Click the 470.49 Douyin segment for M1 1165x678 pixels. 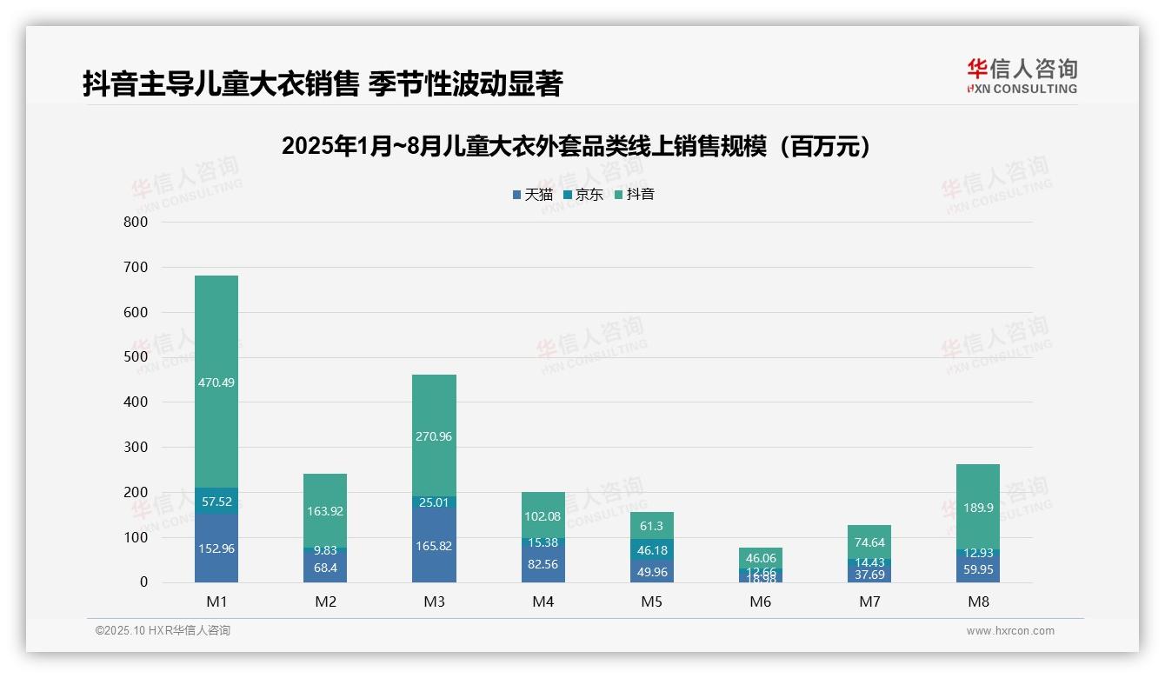216,382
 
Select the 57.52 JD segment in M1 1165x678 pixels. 216,502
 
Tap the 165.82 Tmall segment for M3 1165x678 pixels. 434,546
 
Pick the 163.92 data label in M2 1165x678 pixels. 325,511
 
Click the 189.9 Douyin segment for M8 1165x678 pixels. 978,508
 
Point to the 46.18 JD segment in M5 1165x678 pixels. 651,550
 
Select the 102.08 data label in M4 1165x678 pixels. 543,516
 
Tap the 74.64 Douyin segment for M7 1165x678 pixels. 869,542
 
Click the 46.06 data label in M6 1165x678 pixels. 761,558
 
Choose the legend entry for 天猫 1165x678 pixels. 532,195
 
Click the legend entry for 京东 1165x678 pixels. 583,195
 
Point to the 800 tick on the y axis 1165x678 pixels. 136,222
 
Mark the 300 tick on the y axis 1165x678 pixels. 136,447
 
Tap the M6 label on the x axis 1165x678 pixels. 761,602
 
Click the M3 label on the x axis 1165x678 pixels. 434,602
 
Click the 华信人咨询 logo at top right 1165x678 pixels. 1022,76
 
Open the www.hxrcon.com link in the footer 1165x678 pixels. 1010,631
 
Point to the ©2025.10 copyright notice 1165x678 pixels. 163,631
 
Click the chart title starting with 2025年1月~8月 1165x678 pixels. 576,146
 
